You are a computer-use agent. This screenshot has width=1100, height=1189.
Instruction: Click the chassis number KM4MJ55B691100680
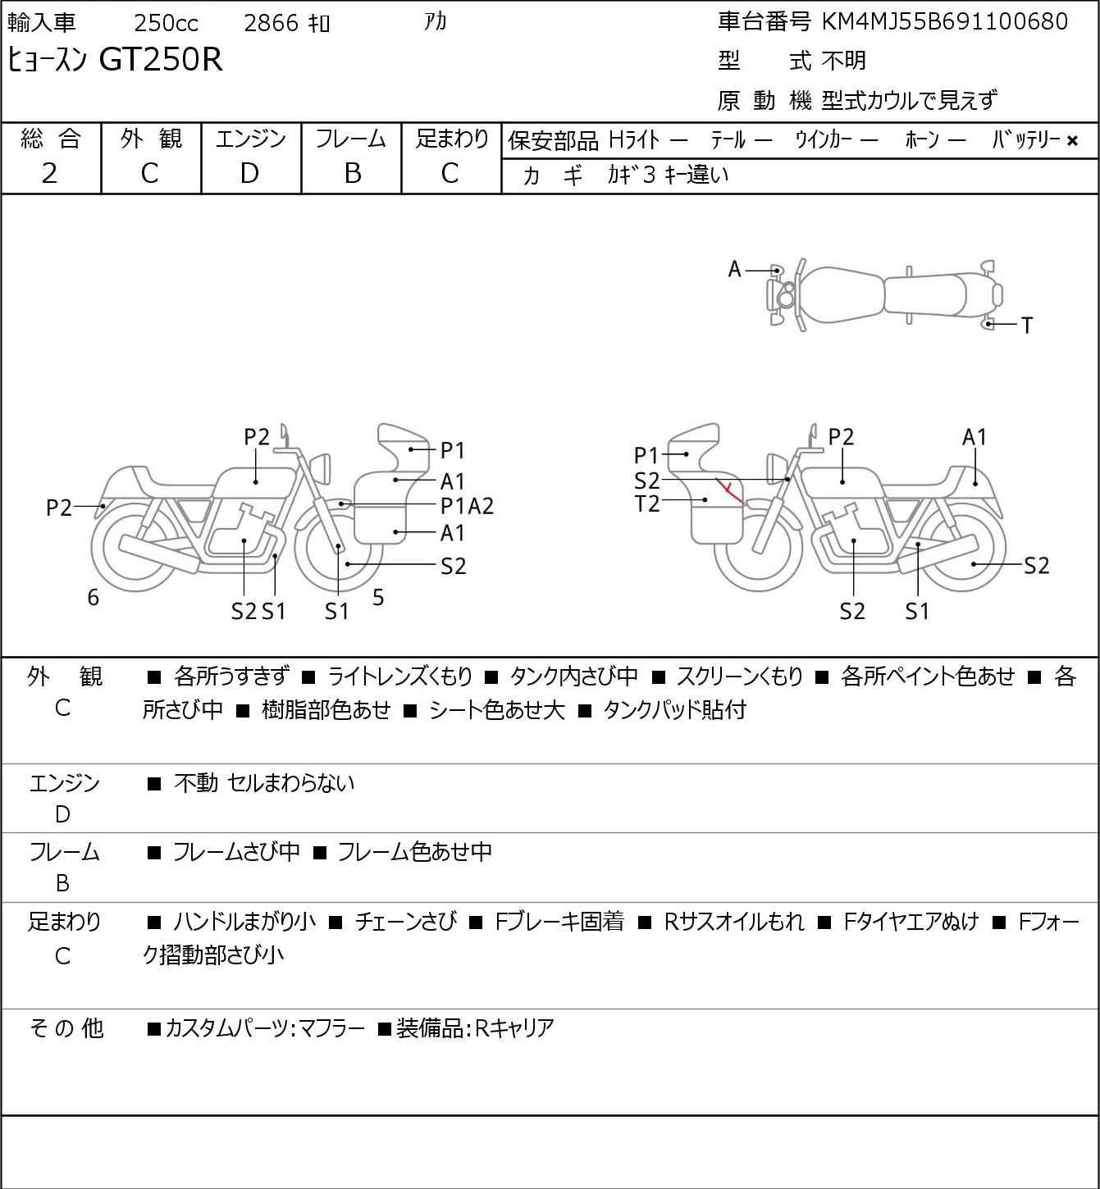coord(945,22)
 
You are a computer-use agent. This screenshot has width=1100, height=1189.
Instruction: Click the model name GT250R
coord(161,59)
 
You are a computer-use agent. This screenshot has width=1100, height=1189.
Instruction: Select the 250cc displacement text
coord(166,23)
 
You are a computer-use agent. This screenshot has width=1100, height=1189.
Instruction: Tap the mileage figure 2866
coord(271,23)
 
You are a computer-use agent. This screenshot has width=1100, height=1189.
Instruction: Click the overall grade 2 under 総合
coord(50,174)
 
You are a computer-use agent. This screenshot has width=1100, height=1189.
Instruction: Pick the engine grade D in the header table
coord(250,174)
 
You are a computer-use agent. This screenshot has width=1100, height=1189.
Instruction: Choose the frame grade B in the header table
coord(352,174)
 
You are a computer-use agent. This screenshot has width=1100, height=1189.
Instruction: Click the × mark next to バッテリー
coord(1072,141)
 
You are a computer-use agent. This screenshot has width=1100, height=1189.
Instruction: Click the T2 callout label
coord(647,504)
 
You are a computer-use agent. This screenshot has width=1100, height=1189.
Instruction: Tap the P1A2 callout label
coord(467,507)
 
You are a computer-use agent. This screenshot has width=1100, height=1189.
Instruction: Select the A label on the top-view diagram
coord(734,270)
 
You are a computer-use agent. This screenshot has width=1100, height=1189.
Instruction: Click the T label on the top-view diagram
coord(1027,326)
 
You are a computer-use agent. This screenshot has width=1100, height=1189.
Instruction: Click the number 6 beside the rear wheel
coord(93,597)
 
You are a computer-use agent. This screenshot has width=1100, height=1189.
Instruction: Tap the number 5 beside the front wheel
coord(378,597)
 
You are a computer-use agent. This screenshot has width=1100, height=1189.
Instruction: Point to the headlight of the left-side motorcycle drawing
coord(322,468)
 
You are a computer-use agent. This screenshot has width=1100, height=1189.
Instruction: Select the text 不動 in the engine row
coord(196,783)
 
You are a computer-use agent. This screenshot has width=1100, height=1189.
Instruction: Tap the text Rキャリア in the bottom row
coord(514,1028)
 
